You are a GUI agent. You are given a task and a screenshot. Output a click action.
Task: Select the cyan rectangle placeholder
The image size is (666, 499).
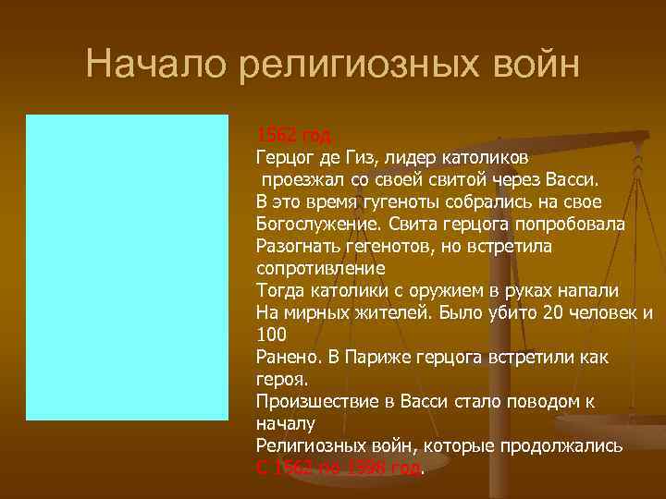(127, 267)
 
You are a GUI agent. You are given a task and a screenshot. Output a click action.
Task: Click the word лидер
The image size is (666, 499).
(416, 158)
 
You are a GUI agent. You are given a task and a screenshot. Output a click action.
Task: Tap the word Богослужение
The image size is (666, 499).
(315, 225)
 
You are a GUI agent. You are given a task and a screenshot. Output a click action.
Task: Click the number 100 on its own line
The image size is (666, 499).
(271, 334)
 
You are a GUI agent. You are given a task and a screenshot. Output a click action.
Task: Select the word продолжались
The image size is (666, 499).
(566, 445)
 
